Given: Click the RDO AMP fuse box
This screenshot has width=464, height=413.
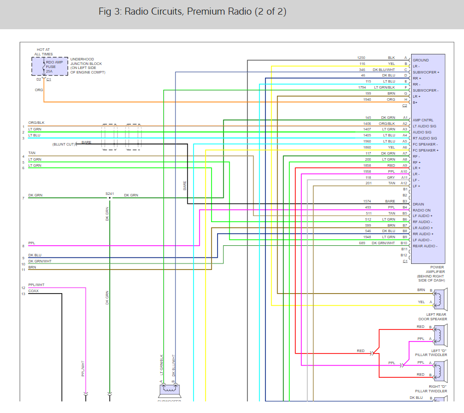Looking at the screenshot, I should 50,66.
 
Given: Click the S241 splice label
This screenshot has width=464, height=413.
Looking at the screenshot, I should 109,193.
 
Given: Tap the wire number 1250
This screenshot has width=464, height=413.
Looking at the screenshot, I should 362,58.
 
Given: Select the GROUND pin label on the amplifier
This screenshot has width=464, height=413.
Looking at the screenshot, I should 421,60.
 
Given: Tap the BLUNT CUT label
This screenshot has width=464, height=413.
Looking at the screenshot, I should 63,145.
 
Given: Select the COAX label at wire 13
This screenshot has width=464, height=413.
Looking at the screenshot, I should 34,291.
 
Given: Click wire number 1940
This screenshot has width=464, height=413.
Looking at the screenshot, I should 367,100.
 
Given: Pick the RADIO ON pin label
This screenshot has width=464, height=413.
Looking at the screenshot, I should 422,210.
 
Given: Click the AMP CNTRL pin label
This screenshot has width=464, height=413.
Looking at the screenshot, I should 422,120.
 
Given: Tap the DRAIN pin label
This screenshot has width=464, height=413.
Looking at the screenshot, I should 418,204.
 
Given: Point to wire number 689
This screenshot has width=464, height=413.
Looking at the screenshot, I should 362,243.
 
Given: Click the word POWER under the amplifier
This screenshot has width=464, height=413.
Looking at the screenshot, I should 437,267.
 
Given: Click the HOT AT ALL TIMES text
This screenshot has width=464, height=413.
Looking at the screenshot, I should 43,51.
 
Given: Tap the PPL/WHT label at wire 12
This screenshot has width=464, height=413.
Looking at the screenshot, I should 36,285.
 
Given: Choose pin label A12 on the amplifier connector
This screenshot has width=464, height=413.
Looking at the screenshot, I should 404,183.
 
